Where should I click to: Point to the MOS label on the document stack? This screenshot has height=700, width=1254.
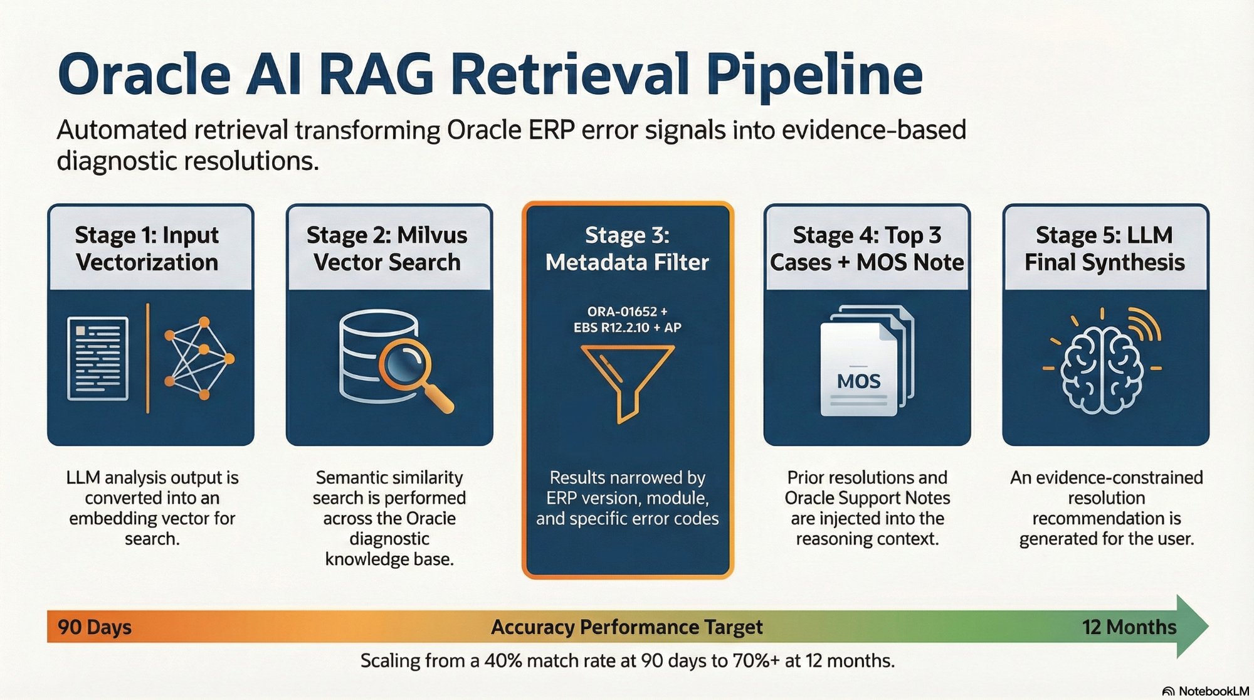858,381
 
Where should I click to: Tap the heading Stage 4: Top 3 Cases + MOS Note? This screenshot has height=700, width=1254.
867,248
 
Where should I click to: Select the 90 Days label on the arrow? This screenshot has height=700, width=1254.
95,627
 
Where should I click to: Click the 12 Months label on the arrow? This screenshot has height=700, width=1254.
1129,627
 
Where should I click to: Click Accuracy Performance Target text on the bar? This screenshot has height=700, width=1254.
626,627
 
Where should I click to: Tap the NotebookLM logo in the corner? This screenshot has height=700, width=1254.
1205,691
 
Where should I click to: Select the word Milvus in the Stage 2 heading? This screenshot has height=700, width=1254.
432,235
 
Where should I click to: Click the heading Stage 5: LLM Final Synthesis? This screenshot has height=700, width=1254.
1105,248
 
